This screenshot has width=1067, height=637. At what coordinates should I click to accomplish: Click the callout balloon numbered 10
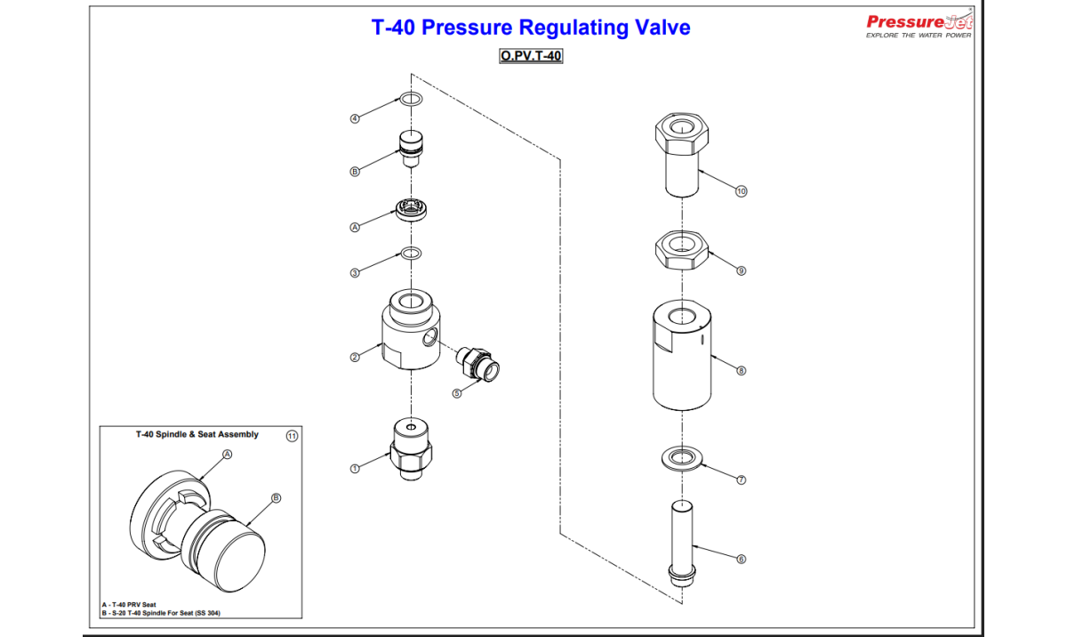(x=742, y=191)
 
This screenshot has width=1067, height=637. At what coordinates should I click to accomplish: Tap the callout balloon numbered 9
(x=741, y=270)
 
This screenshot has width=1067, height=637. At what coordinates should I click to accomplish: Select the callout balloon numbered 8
(x=741, y=370)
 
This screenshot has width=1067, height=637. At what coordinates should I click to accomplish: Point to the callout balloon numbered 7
(x=741, y=480)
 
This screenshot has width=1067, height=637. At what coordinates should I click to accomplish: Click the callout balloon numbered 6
(x=741, y=559)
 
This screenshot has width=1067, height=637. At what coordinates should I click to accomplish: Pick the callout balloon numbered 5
(x=458, y=393)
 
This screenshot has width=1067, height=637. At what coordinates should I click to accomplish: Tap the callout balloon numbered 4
(x=355, y=118)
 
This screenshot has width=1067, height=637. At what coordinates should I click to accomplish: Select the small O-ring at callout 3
(x=410, y=254)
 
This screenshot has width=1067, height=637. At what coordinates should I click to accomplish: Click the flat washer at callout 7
(x=682, y=457)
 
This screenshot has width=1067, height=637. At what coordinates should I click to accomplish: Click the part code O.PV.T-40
(x=531, y=56)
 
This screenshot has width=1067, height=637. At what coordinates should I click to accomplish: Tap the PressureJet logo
(x=919, y=24)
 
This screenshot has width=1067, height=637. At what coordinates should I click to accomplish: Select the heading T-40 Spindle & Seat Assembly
(x=197, y=435)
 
